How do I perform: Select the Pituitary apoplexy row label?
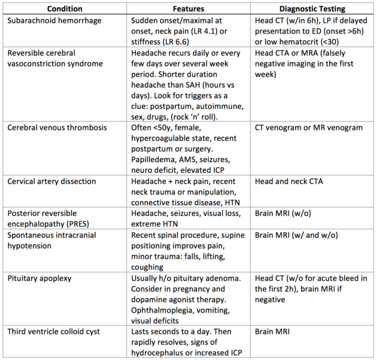(x=39, y=278)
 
